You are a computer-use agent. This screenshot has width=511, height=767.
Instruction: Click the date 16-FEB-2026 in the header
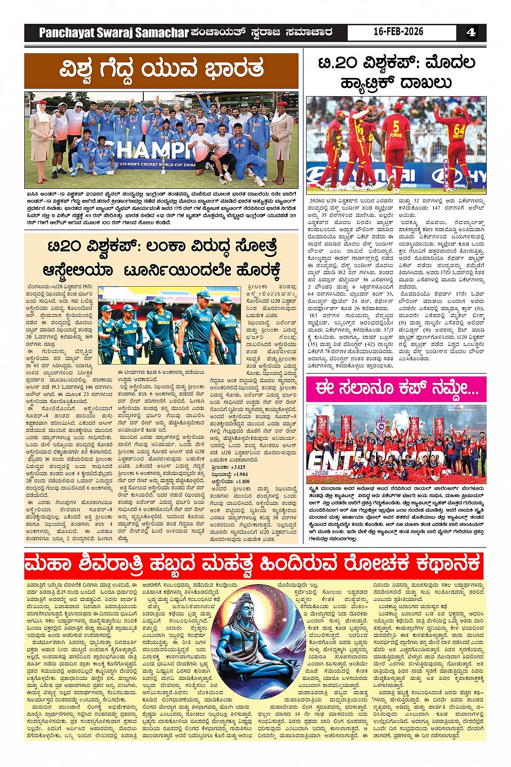[399, 32]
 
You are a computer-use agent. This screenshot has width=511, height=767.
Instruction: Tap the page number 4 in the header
[471, 32]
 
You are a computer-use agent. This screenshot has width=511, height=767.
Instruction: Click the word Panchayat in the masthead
[67, 33]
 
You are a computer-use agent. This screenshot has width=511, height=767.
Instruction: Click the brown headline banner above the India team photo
[161, 70]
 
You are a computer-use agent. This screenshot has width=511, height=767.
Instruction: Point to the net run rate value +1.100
[242, 481]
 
